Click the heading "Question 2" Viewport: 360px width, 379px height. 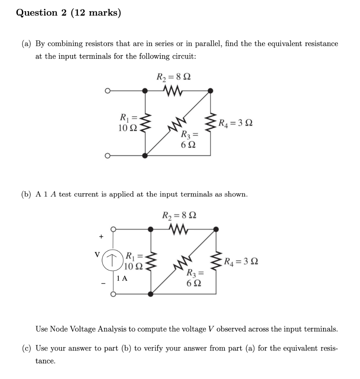(37, 13)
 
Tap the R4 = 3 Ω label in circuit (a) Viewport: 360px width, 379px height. (235, 123)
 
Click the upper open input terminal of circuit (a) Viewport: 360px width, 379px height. (107, 90)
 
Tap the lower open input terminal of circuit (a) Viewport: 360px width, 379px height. (107, 155)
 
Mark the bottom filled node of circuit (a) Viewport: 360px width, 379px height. (145, 155)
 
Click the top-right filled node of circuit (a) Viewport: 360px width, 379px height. (211, 90)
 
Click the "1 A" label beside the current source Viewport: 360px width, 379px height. (121, 279)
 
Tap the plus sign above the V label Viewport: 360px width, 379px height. (100, 236)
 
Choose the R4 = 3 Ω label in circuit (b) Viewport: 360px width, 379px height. (241, 262)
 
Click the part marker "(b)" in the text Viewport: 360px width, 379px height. (26, 194)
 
